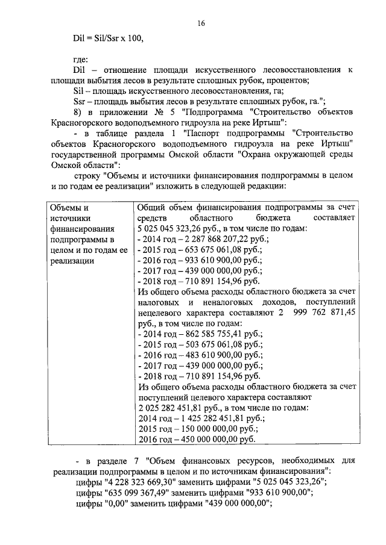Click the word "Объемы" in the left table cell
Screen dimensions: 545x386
point(66,206)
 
